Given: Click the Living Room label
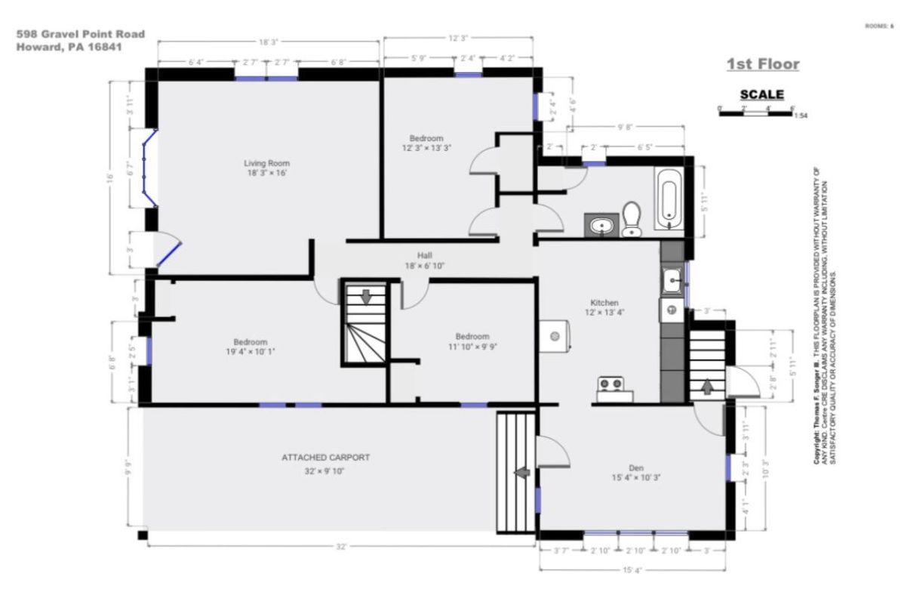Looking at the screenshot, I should [x=266, y=163].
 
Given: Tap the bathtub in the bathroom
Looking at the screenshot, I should [x=669, y=199].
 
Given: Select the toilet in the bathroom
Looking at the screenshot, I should [x=632, y=218].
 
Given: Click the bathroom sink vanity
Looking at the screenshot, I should [x=601, y=225].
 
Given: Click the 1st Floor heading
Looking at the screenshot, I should [x=763, y=65].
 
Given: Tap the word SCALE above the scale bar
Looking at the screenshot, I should [x=761, y=95].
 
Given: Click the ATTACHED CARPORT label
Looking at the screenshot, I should [x=326, y=458].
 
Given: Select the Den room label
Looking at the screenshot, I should [x=636, y=468].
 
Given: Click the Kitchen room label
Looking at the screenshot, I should [x=604, y=302].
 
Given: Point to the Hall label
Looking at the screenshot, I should [x=424, y=256].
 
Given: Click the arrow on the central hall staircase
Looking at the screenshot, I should [x=366, y=296].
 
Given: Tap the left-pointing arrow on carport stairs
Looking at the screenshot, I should [x=521, y=473].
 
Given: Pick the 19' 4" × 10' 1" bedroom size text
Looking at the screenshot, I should [x=250, y=352].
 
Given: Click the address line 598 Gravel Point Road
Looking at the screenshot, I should [x=81, y=34].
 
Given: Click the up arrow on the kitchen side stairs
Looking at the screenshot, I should [x=707, y=387].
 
